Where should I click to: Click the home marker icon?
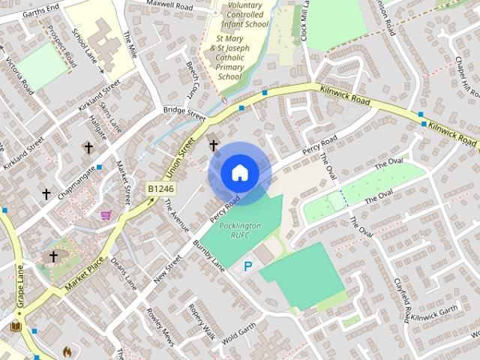click(x=239, y=173)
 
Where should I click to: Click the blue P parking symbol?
click(x=247, y=266)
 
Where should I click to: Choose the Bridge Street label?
click(x=184, y=113)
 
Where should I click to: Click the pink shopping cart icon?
click(x=106, y=215)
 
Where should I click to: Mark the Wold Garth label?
click(x=240, y=329)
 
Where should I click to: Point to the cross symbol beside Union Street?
click(x=213, y=145)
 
